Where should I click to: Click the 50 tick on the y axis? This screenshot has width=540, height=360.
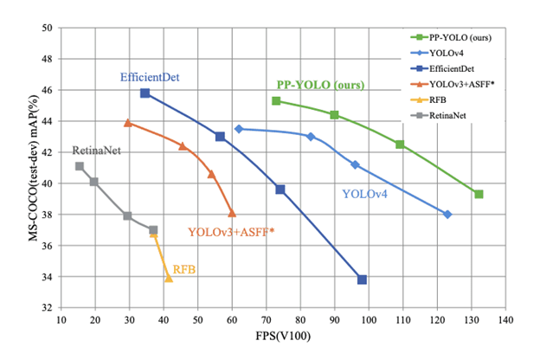(48, 28)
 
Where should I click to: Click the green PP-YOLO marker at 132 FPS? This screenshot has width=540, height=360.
(479, 194)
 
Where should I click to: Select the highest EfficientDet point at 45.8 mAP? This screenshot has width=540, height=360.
(145, 93)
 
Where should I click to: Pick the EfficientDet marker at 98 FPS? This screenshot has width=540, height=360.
(362, 280)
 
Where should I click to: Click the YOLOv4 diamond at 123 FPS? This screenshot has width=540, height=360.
(447, 214)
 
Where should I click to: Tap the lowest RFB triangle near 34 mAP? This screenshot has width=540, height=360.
(169, 278)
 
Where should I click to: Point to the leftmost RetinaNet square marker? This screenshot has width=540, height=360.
(80, 166)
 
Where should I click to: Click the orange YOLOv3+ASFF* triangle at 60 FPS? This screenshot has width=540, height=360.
(232, 212)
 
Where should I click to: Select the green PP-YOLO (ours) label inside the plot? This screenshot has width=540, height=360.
(320, 86)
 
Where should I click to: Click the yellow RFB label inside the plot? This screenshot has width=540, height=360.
(184, 270)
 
